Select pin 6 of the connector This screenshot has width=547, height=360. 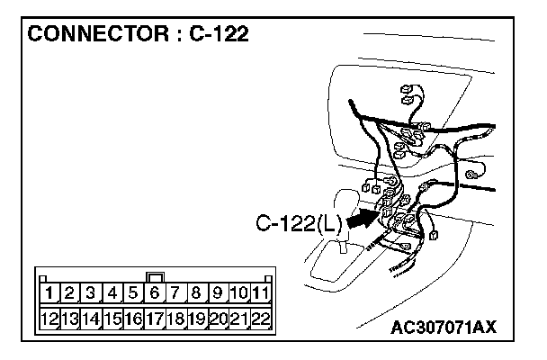[155, 292]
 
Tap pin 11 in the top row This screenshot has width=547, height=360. [260, 292]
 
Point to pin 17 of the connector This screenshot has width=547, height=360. [155, 318]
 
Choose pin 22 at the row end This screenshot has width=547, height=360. [260, 318]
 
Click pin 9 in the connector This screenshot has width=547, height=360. [218, 292]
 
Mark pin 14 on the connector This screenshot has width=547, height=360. [92, 318]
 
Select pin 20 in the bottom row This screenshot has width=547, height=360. [218, 318]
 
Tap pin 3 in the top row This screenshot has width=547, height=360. [92, 292]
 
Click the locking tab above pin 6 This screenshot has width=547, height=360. [155, 277]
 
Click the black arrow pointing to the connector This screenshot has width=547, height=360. [361, 219]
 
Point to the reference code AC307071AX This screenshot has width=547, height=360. [444, 325]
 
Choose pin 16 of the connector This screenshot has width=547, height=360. [134, 318]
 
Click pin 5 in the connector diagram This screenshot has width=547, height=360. [134, 292]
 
